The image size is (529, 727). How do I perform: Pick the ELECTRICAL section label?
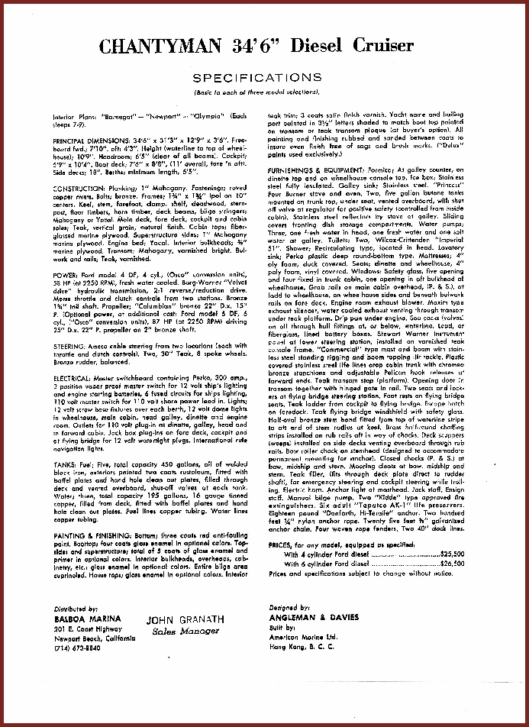coord(75,377)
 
